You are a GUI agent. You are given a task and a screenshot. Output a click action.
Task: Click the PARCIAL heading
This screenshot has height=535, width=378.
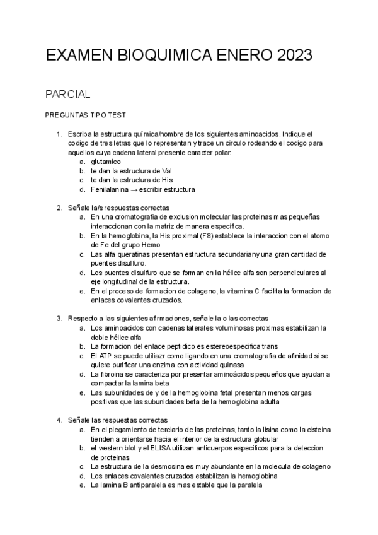tap(68, 95)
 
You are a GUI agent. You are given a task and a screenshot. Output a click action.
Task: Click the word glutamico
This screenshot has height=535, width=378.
tap(106, 162)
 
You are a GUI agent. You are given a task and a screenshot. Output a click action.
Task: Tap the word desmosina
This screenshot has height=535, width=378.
tap(167, 467)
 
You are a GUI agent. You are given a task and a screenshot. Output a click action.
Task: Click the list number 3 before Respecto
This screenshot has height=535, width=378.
tap(59, 319)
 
